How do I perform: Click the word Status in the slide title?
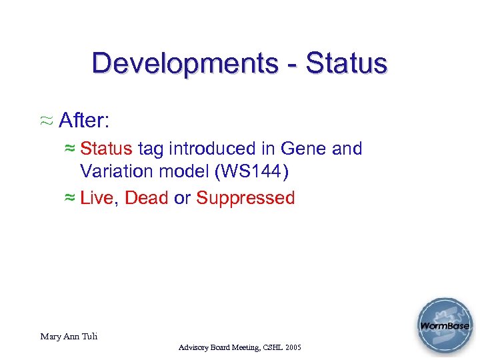(x=347, y=64)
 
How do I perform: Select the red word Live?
(x=97, y=198)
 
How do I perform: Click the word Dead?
(x=147, y=198)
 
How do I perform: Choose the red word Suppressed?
(x=245, y=198)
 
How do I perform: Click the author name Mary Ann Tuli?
(x=69, y=337)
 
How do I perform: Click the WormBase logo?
(x=445, y=327)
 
